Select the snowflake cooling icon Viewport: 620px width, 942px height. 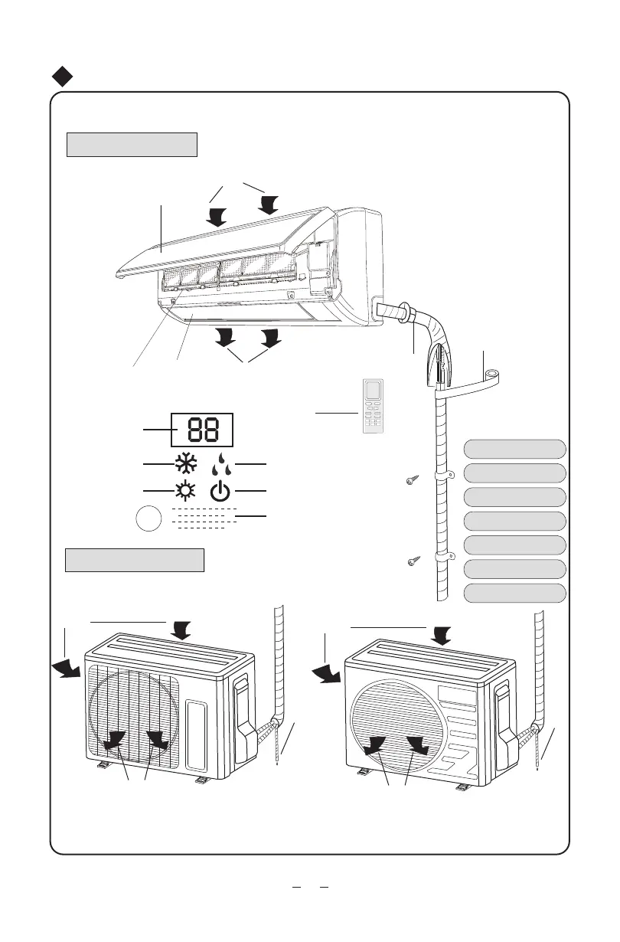[185, 465]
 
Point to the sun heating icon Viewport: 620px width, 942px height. [185, 490]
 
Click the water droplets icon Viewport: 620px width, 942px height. [220, 465]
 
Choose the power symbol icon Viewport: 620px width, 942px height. [220, 491]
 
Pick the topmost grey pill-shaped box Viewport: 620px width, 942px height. [516, 449]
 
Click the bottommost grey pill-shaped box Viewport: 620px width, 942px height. [516, 594]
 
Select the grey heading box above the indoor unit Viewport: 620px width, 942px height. [132, 144]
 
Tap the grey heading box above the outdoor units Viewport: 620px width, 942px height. [135, 560]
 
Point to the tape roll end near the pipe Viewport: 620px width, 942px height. [490, 376]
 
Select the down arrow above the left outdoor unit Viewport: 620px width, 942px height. [182, 630]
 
